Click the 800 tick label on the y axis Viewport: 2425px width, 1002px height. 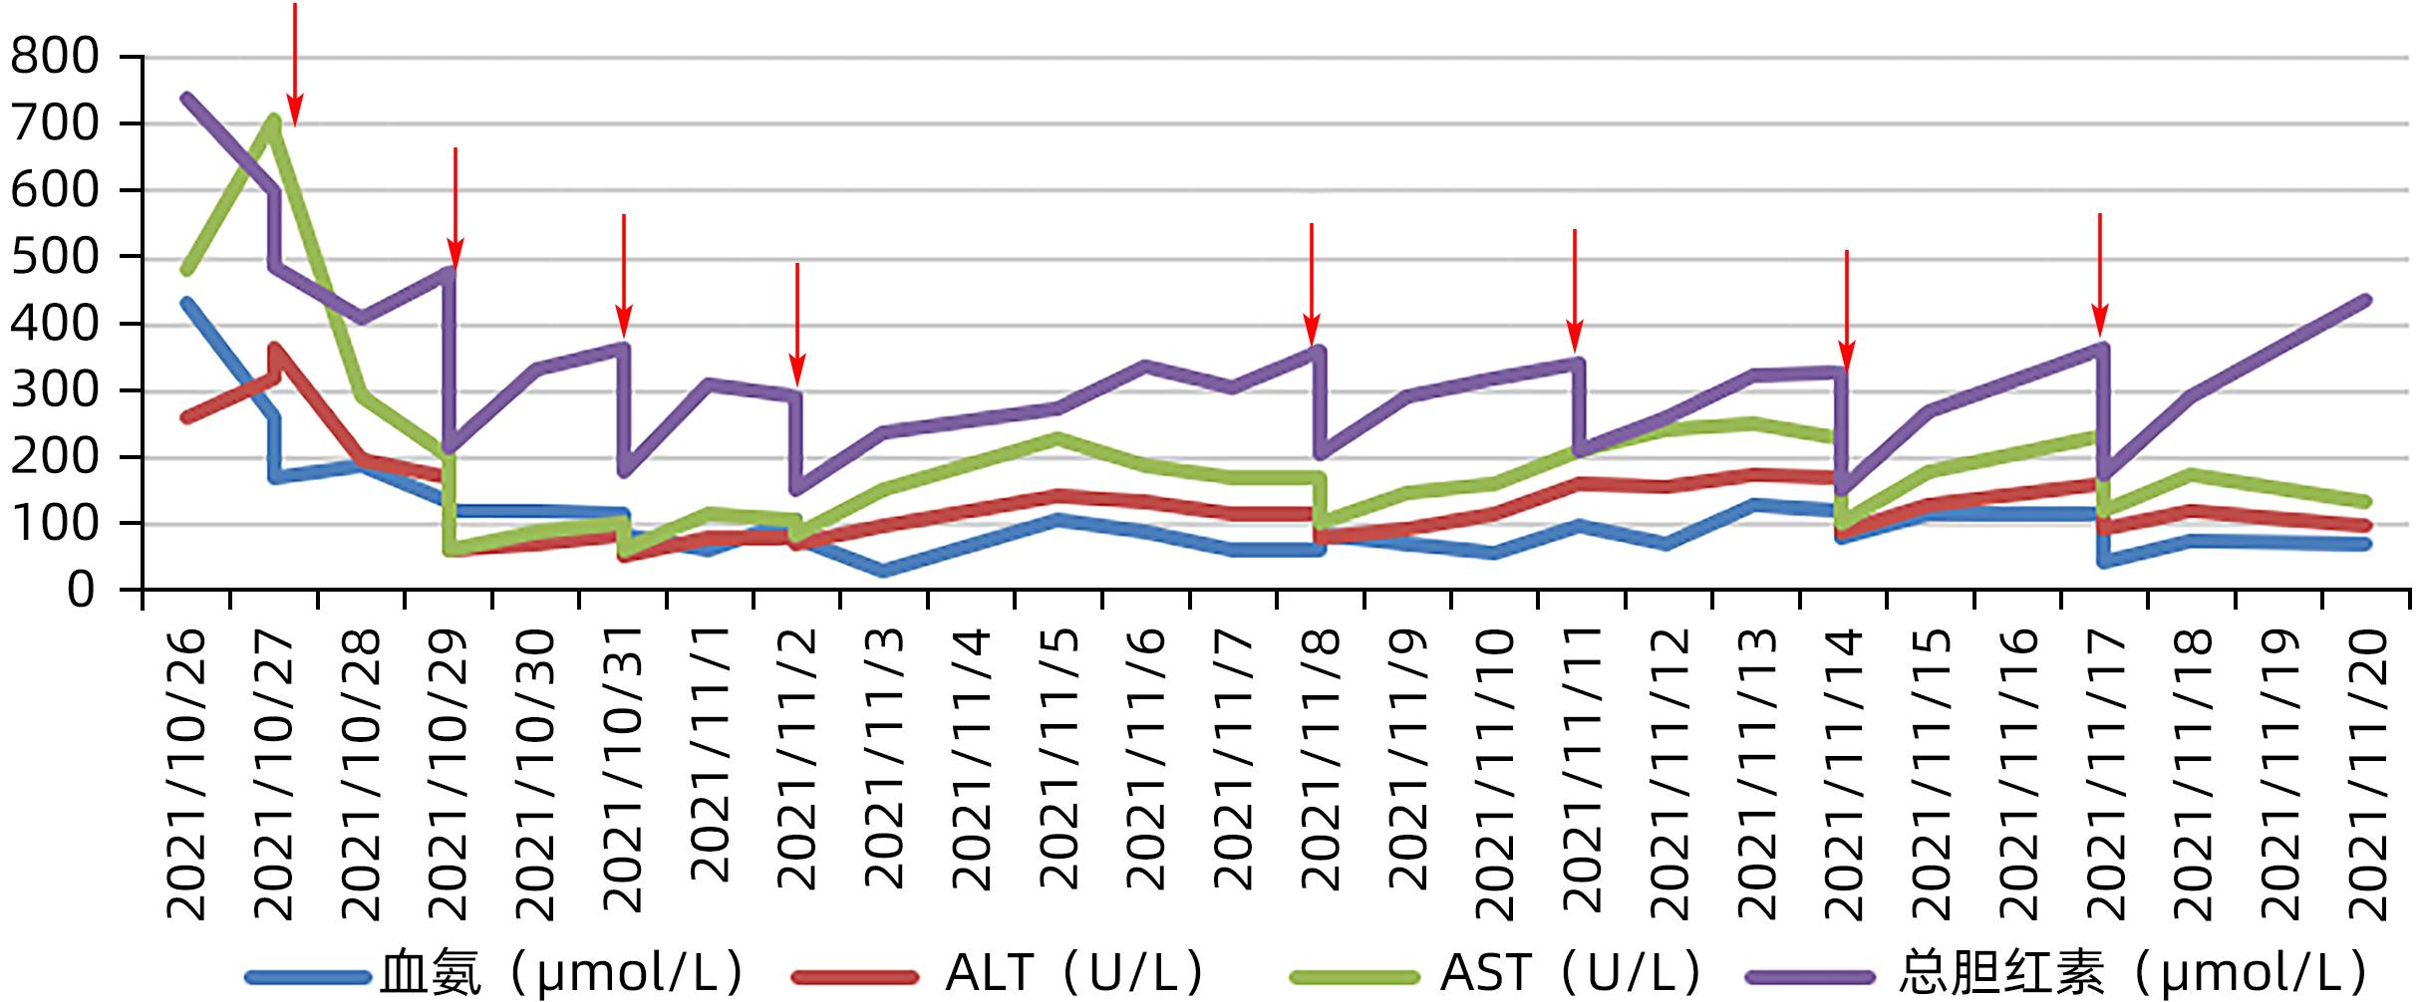tap(56, 58)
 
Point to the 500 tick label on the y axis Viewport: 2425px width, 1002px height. tap(56, 258)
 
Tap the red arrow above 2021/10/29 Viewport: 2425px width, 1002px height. tap(455, 209)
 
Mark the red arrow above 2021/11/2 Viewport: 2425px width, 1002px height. tap(796, 324)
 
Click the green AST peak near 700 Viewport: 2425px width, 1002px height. tap(273, 120)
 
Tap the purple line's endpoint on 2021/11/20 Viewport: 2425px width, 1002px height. tap(2366, 300)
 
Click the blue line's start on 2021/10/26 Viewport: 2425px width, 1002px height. tap(186, 302)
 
